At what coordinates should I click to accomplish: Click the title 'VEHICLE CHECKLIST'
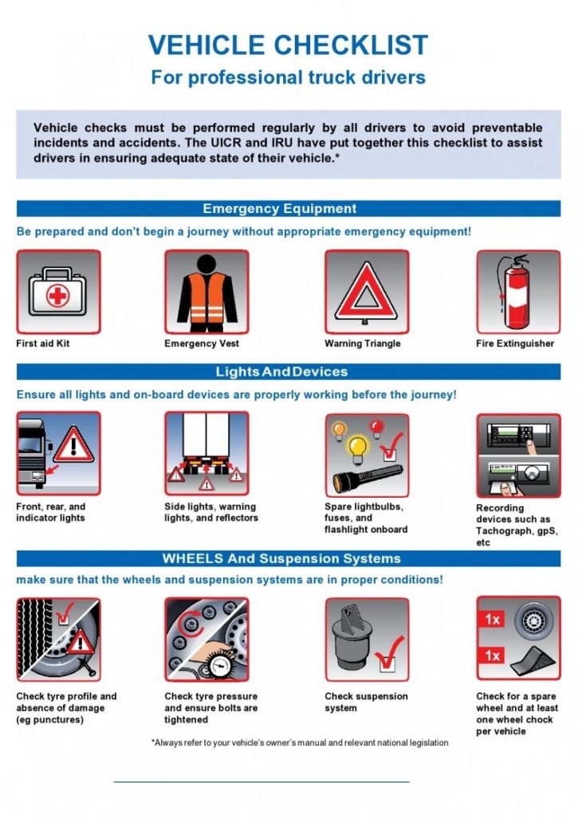pos(288,45)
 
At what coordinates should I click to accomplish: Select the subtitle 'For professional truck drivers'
pos(288,77)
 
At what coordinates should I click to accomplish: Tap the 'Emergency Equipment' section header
pos(280,209)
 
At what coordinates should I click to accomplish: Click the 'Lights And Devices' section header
pos(281,372)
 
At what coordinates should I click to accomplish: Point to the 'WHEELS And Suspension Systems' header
pos(281,558)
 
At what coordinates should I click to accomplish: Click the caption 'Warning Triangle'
pos(362,344)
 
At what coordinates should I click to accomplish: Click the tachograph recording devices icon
pos(517,455)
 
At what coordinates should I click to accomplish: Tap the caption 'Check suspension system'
pos(366,702)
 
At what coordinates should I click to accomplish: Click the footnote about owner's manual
pos(300,743)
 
